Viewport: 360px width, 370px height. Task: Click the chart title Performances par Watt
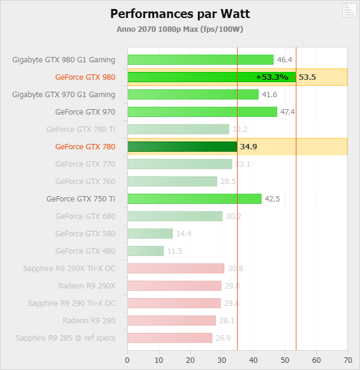coord(180,13)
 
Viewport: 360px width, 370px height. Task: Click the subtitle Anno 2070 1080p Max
coord(180,29)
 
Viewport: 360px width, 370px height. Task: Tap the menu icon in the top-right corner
coord(349,10)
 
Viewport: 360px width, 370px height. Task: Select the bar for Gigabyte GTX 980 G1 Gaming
coord(200,59)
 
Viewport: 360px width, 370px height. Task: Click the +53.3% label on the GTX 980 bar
coord(272,77)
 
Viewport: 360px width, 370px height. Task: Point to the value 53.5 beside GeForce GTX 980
coord(307,77)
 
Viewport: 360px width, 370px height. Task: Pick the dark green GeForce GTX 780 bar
coord(182,146)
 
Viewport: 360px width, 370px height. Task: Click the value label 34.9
coord(248,146)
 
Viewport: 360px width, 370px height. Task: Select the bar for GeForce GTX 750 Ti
coord(194,198)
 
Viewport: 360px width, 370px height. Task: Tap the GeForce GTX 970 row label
coord(85,112)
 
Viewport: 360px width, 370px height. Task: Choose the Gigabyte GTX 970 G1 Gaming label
coord(64,94)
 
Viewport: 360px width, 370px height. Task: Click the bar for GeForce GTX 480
coord(145,251)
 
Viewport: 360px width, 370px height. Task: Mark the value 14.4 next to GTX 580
coord(184,233)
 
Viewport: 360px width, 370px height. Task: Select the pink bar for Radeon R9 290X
coord(174,285)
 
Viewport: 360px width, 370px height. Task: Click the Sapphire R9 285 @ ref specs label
coord(65,338)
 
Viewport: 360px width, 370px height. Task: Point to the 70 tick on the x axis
coord(347,360)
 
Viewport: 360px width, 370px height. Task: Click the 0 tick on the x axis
coord(127,360)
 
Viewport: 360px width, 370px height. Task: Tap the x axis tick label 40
coord(253,360)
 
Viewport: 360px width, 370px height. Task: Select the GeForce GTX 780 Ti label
coord(80,129)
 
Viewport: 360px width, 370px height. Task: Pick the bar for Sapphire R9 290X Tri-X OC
coord(176,268)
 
